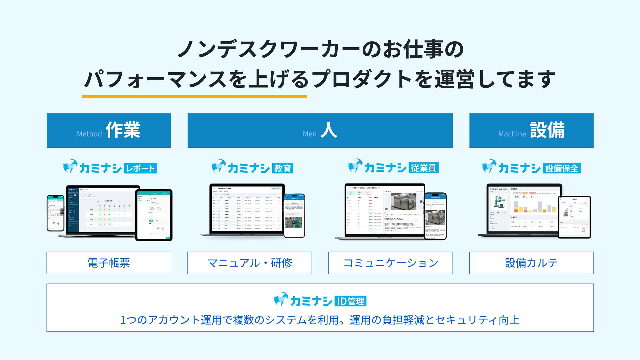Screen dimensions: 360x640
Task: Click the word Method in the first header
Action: [89, 134]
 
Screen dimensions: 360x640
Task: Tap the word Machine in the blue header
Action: [512, 134]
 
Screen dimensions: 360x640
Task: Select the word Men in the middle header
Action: [309, 134]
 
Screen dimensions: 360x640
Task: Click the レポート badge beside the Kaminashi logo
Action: [140, 168]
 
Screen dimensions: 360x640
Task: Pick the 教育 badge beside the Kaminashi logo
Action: [283, 168]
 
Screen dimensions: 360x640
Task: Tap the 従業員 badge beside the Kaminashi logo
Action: [423, 168]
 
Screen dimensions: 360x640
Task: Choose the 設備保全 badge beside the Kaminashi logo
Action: [561, 168]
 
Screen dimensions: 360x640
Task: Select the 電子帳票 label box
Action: [109, 263]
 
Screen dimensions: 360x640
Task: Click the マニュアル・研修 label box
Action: [250, 263]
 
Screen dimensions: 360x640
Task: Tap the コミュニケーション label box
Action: [390, 263]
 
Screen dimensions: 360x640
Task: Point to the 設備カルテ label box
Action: [531, 263]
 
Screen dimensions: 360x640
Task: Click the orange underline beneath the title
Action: [194, 97]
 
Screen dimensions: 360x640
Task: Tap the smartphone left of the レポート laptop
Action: [55, 213]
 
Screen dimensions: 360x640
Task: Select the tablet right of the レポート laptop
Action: [154, 215]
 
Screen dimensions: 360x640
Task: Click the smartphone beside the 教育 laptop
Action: [294, 216]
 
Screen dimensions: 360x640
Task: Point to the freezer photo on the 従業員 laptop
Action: [403, 201]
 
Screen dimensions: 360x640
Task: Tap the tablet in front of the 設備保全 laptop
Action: [574, 217]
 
